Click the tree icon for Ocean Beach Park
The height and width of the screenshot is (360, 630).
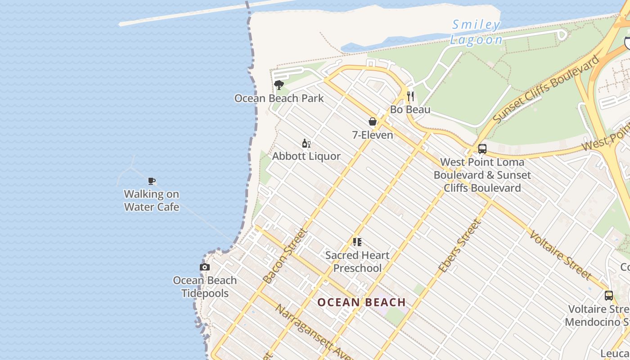pyautogui.click(x=279, y=85)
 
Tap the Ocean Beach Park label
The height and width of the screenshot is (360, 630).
pyautogui.click(x=279, y=98)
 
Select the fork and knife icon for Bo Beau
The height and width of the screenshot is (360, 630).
pyautogui.click(x=410, y=96)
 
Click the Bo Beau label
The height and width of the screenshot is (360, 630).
pyautogui.click(x=410, y=109)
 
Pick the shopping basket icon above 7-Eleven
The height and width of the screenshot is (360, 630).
pyautogui.click(x=373, y=121)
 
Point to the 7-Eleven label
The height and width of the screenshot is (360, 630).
pyautogui.click(x=373, y=135)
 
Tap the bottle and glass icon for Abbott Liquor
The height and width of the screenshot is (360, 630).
pyautogui.click(x=306, y=144)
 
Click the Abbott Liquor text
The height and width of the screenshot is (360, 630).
pyautogui.click(x=306, y=156)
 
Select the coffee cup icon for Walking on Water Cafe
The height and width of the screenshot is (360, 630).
pyautogui.click(x=152, y=181)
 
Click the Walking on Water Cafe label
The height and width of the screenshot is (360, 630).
pyautogui.click(x=152, y=201)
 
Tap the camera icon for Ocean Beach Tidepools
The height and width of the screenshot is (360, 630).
pyautogui.click(x=205, y=267)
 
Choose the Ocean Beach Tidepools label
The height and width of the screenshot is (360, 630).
pyautogui.click(x=205, y=287)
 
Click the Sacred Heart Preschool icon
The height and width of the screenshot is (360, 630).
pyautogui.click(x=357, y=242)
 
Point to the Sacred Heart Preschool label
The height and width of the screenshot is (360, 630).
pyautogui.click(x=357, y=261)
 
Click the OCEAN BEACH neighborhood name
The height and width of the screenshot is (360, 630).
pyautogui.click(x=362, y=302)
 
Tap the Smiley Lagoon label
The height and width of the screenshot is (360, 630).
pyautogui.click(x=476, y=32)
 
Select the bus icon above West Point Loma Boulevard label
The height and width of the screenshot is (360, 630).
pyautogui.click(x=482, y=149)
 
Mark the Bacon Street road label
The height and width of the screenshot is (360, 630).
pyautogui.click(x=285, y=256)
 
